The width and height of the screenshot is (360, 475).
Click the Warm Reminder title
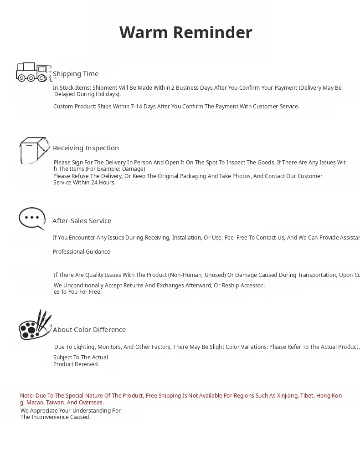pos(185,33)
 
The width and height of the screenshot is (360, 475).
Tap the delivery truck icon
pos(33,72)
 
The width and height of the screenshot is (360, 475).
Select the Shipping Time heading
pos(76,74)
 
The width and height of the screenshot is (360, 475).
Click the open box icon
pos(34,150)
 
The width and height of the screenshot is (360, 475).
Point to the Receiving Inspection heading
pos(86,148)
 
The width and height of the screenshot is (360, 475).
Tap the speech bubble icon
pos(32,219)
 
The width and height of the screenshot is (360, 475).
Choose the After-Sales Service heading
pos(82,221)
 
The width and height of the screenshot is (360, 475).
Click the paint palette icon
pos(35,325)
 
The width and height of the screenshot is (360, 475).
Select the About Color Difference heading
pos(89,330)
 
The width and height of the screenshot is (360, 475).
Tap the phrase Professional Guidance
pos(81,252)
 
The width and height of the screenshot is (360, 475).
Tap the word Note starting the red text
pos(26,396)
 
